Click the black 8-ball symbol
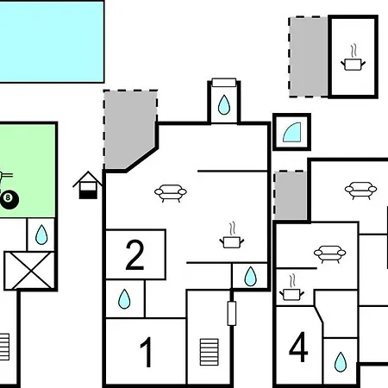pyautogui.click(x=9, y=199)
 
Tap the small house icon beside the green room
pyautogui.click(x=88, y=185)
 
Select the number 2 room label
pyautogui.click(x=135, y=255)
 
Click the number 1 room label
pyautogui.click(x=147, y=352)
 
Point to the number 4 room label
pyautogui.click(x=298, y=347)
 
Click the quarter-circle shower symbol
pyautogui.click(x=292, y=133)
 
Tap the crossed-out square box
pyautogui.click(x=29, y=271)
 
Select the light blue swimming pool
pyautogui.click(x=51, y=41)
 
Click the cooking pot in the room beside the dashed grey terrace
pyautogui.click(x=354, y=58)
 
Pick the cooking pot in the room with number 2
pyautogui.click(x=232, y=235)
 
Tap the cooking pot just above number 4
pyautogui.click(x=291, y=288)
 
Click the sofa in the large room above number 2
pyautogui.click(x=171, y=193)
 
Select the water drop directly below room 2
pyautogui.click(x=124, y=299)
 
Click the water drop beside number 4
pyautogui.click(x=341, y=362)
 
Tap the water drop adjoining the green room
pyautogui.click(x=41, y=235)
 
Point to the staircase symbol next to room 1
pyautogui.click(x=209, y=352)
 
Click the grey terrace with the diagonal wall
pyautogui.click(x=129, y=129)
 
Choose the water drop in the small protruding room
pyautogui.click(x=224, y=104)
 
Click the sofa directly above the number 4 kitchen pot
pyautogui.click(x=329, y=253)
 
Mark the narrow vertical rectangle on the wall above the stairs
pyautogui.click(x=232, y=313)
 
